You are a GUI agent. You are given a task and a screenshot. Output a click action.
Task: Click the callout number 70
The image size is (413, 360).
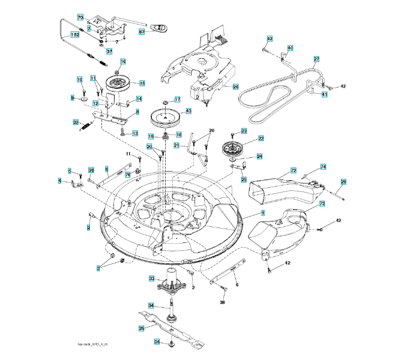pyautogui.click(x=80, y=18)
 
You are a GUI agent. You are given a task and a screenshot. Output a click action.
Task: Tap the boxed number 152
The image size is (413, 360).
pyautogui.click(x=74, y=35)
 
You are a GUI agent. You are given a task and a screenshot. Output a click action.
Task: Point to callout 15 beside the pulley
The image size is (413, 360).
pyautogui.click(x=142, y=83)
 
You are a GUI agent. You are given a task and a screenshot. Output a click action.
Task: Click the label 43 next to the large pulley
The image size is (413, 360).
pyautogui.click(x=188, y=111)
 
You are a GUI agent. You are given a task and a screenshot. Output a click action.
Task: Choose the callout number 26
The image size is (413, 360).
pyautogui.click(x=236, y=86)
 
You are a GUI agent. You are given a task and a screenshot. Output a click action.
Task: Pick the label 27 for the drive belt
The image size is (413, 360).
pyautogui.click(x=316, y=59)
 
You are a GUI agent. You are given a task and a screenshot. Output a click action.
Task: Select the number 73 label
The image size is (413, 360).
pyautogui.click(x=322, y=204)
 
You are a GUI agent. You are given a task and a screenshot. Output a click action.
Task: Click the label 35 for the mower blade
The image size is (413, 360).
pyautogui.click(x=141, y=328)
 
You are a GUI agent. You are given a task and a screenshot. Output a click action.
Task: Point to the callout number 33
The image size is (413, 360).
pyautogui.click(x=152, y=278)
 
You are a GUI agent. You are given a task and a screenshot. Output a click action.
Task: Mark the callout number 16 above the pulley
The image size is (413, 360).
pyautogui.click(x=123, y=62)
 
